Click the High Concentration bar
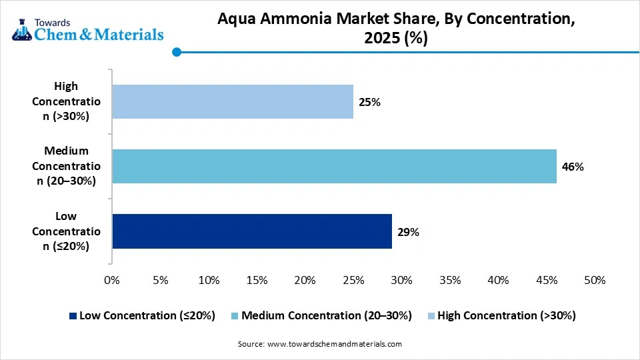(x=232, y=101)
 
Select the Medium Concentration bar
(x=333, y=166)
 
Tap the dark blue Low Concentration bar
(x=251, y=231)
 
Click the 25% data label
(x=370, y=102)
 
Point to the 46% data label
(x=573, y=167)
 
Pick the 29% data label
(x=408, y=232)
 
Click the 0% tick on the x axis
(x=112, y=280)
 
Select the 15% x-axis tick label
(x=257, y=280)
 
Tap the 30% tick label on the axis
(x=401, y=280)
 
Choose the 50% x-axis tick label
(x=595, y=280)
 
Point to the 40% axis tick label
(x=498, y=280)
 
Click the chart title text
(x=396, y=29)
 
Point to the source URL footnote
(x=320, y=344)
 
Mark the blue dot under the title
(x=177, y=52)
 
